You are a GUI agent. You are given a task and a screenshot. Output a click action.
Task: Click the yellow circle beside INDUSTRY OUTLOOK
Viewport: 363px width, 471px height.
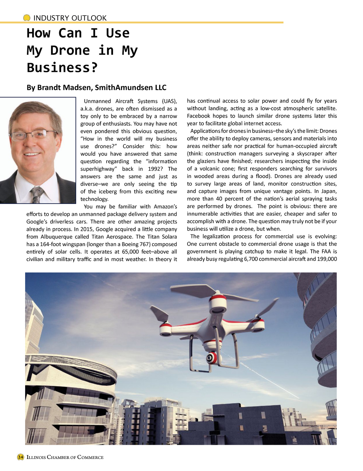tap(27, 18)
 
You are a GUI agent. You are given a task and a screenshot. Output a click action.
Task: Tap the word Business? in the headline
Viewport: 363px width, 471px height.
tap(62, 67)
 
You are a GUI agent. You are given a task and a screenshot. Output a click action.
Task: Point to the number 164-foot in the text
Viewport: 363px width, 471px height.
tap(52, 244)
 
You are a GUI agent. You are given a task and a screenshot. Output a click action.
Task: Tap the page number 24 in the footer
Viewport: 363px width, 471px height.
tap(21, 457)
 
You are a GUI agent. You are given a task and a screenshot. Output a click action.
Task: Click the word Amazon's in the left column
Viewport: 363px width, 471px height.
tap(165, 206)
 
